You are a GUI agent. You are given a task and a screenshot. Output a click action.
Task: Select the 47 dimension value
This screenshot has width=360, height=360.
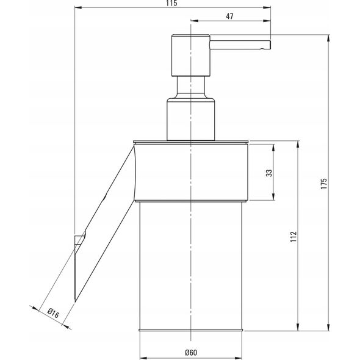[229, 16]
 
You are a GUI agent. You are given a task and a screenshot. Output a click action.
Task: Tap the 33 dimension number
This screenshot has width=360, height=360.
[269, 173]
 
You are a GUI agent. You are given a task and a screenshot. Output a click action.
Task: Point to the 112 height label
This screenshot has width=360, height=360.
[293, 237]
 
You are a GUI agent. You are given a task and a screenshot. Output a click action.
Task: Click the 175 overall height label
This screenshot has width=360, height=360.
[323, 184]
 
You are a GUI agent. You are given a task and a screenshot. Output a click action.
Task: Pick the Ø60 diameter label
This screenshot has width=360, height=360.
[191, 353]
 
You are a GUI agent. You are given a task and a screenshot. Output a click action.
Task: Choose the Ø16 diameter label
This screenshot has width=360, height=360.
[53, 314]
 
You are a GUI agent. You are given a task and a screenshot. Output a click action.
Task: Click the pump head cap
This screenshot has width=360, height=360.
[191, 55]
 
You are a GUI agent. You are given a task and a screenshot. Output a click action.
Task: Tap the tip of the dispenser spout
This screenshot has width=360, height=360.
[270, 45]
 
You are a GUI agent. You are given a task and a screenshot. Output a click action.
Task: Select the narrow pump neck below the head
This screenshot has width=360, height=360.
[190, 87]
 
